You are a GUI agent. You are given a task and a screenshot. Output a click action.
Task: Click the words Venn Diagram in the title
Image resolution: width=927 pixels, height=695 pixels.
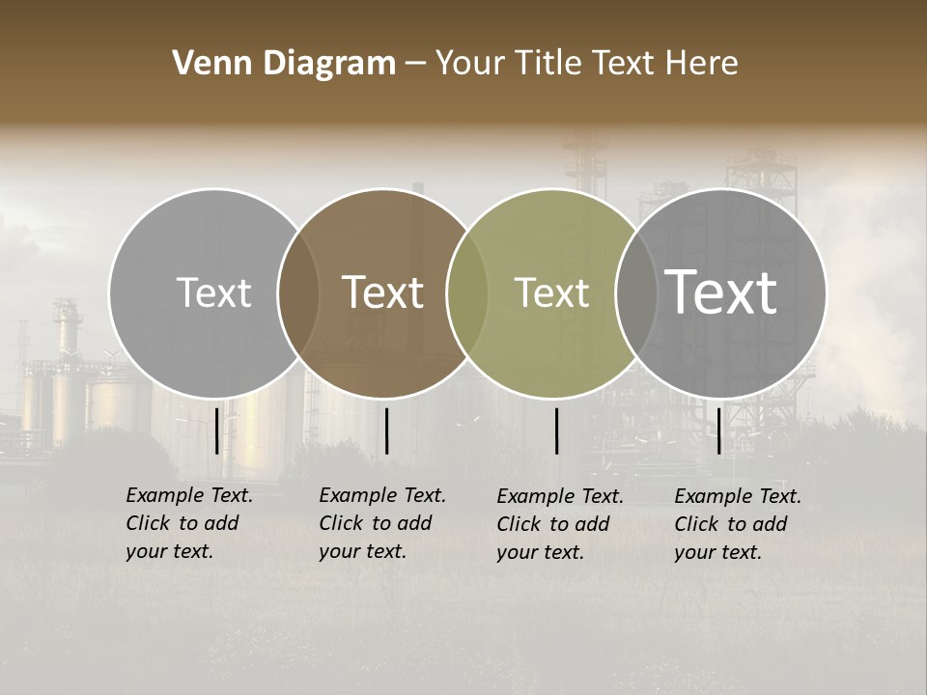point(284,64)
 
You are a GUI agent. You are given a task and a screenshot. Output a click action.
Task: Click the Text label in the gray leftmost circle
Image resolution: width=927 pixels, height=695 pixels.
point(213,292)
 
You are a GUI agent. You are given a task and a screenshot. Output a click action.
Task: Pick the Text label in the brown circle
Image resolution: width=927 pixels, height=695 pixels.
point(383,292)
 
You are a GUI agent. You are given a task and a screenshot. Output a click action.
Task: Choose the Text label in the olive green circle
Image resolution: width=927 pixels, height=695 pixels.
point(552,292)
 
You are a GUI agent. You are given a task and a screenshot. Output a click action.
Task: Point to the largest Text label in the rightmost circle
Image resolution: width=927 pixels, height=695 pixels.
point(721,292)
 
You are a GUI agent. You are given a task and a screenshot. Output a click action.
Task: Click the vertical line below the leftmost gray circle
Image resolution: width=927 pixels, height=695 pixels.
point(216,431)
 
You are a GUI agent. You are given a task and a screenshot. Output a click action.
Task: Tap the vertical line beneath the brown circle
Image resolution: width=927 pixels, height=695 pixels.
point(386,431)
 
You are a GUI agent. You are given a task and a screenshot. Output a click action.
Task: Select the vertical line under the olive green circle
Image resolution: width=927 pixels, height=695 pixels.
point(556,431)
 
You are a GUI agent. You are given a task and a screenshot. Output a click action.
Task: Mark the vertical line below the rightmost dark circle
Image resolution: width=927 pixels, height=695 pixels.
point(718,431)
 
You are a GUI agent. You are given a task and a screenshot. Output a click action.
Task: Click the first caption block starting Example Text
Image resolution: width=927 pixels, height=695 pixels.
point(189,523)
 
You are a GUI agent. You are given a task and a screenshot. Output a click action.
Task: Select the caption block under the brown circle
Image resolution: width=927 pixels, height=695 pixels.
point(382,523)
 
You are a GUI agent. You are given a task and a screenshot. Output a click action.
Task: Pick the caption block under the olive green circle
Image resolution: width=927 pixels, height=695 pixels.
point(560,524)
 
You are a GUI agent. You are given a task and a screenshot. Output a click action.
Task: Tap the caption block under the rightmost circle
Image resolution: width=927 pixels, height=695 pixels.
point(738,524)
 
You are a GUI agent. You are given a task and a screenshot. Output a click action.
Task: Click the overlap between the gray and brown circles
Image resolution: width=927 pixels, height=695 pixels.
point(298,292)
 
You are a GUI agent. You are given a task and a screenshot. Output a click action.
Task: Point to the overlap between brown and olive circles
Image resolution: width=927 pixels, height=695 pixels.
point(467,292)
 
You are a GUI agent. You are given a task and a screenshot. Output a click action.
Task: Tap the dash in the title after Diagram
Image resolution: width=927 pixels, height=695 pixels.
point(415,64)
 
